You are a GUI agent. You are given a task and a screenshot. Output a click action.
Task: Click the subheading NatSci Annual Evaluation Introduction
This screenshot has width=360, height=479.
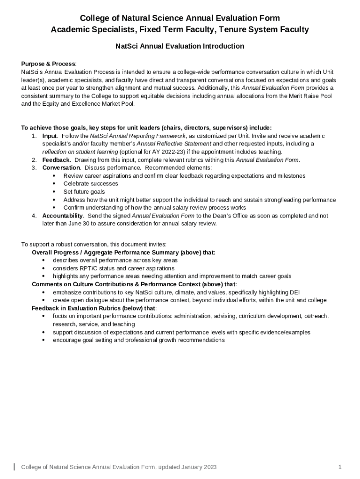click(180, 46)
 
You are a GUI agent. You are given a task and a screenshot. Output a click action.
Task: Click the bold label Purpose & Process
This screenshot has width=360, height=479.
click(48, 64)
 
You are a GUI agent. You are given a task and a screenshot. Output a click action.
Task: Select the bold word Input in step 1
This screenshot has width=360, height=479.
click(50, 136)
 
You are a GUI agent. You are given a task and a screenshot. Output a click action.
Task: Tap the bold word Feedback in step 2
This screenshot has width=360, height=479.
click(56, 160)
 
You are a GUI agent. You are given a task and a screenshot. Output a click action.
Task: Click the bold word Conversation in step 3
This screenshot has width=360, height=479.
click(61, 167)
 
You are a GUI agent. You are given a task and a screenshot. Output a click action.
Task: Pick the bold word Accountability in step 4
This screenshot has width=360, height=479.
click(63, 216)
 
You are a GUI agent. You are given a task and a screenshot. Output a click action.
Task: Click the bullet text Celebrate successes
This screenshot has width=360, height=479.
click(91, 183)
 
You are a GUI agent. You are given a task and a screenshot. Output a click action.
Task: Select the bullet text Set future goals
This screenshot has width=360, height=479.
click(84, 191)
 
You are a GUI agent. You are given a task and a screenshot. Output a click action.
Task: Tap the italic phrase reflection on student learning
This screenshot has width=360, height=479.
click(80, 152)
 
